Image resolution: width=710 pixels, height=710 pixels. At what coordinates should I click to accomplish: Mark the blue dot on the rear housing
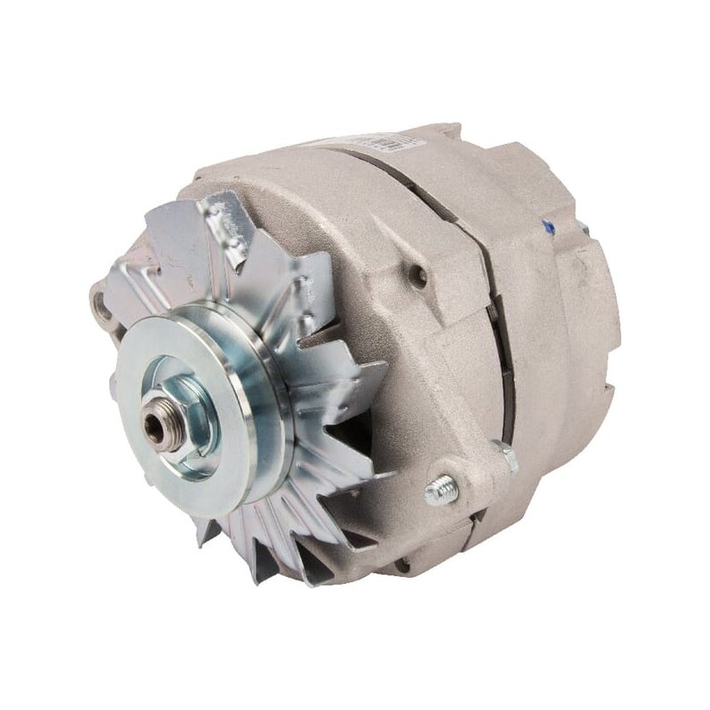[549, 228]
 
